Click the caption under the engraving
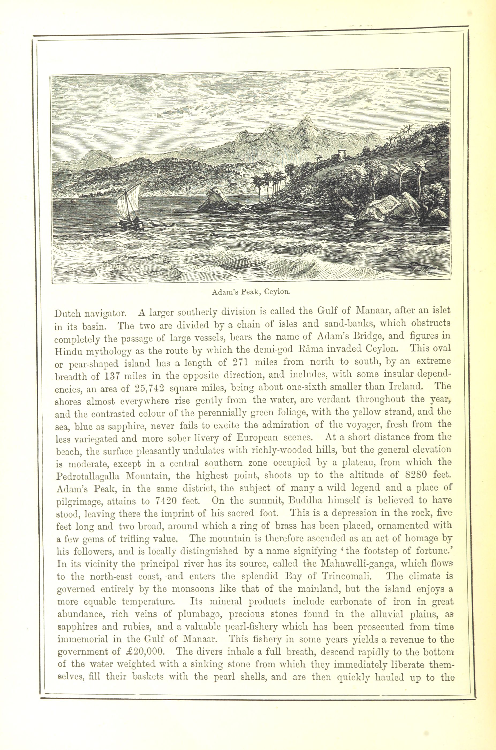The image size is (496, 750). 251,292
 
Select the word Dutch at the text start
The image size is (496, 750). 68,313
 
